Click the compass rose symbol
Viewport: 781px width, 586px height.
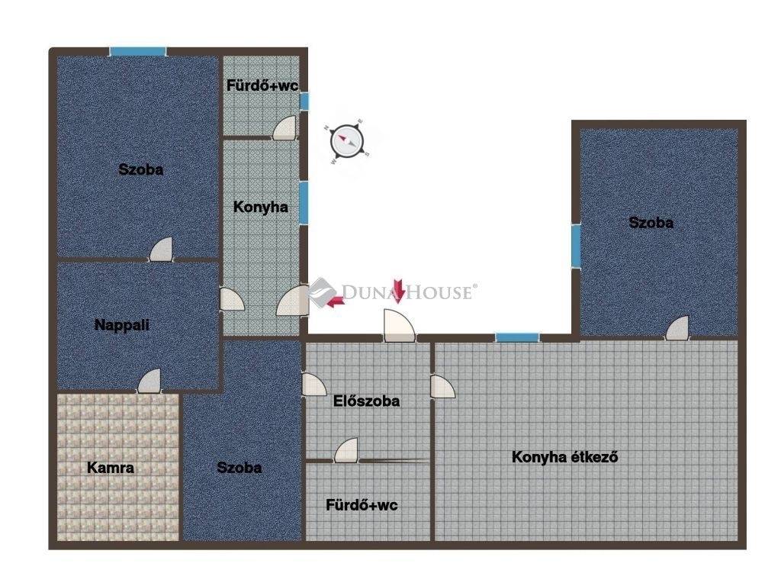[347, 141]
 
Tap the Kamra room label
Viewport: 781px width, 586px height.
[111, 468]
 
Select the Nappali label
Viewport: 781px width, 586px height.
[122, 325]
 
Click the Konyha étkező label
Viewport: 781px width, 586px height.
[565, 457]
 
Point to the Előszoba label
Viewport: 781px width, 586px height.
[366, 401]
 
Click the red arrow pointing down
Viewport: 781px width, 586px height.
[398, 291]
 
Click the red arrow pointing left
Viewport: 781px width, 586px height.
[336, 301]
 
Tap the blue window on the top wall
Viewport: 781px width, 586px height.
[138, 51]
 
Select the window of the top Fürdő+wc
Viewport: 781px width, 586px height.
[304, 101]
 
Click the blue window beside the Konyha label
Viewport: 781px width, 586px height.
[304, 203]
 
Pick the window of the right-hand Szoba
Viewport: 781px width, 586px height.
[576, 246]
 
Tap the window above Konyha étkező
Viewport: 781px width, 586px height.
[517, 338]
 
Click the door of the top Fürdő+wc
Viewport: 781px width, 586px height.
[284, 127]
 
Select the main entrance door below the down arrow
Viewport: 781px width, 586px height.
[399, 326]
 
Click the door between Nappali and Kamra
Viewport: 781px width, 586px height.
[149, 382]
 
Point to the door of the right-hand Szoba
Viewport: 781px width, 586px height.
[677, 328]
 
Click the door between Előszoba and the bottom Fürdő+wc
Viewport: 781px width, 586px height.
[346, 450]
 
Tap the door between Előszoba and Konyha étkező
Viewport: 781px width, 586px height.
[443, 387]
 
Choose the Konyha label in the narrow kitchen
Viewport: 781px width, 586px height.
[261, 207]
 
